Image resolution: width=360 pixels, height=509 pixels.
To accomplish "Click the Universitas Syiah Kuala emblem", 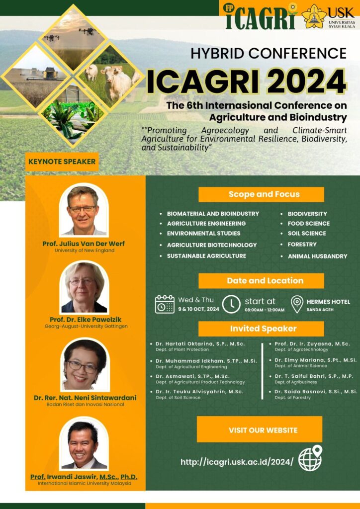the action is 314,16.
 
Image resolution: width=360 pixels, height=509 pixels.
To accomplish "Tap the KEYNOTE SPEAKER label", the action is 62,162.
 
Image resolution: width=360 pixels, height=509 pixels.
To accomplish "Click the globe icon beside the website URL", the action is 310,458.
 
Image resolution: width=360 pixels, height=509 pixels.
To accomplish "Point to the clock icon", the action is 231,304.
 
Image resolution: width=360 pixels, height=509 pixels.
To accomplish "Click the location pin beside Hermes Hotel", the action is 297,304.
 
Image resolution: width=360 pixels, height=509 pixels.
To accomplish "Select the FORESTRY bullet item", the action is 302,244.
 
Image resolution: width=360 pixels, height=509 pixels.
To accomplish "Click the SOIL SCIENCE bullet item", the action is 307,233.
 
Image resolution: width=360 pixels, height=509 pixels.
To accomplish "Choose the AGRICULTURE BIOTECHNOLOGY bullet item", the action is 212,245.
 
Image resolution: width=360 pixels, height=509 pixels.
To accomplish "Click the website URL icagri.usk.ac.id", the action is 237,462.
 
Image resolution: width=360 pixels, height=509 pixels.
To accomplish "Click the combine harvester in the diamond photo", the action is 49,74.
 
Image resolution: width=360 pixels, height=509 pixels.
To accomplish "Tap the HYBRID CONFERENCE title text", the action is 269,53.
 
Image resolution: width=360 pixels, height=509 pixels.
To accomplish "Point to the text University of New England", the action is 85,251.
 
